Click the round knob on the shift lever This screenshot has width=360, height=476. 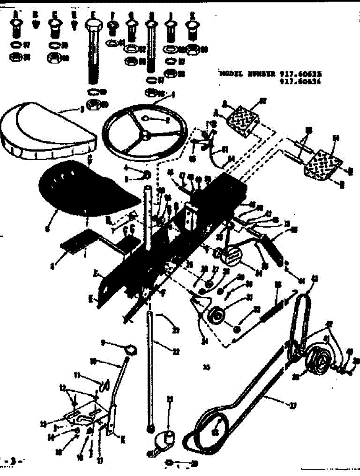(x=131, y=349)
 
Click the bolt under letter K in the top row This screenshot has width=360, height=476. (x=193, y=30)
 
